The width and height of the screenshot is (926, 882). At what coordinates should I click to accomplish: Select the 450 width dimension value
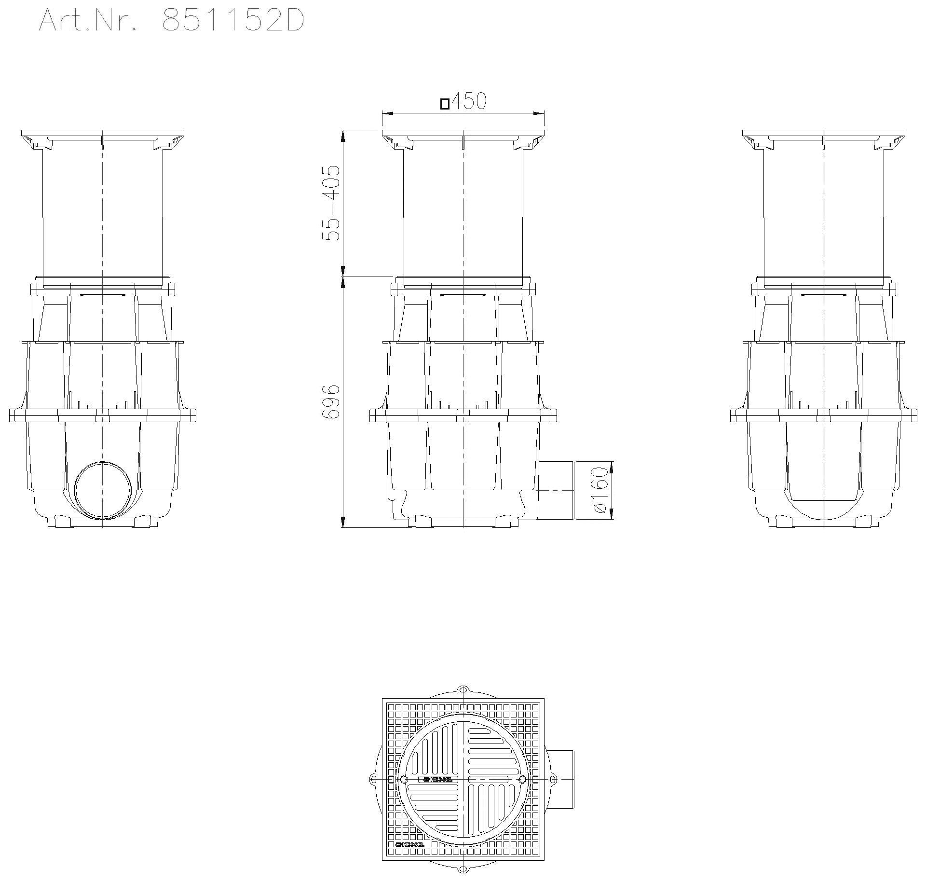(x=469, y=101)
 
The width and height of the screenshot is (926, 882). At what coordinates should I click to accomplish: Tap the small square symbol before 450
(x=445, y=104)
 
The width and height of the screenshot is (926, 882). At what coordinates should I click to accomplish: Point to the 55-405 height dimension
(x=332, y=203)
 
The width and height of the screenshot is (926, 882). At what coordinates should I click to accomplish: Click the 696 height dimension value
(x=332, y=401)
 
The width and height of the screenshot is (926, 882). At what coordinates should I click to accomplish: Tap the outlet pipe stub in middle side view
(x=557, y=490)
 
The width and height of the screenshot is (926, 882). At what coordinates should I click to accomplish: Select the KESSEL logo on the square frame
(x=410, y=844)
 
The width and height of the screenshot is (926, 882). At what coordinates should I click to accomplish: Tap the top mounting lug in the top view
(x=463, y=689)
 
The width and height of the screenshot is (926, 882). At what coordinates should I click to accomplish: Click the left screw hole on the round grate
(x=403, y=779)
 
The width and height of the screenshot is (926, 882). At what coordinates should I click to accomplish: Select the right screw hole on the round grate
(x=522, y=779)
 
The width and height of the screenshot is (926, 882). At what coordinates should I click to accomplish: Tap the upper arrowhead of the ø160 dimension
(x=612, y=467)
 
